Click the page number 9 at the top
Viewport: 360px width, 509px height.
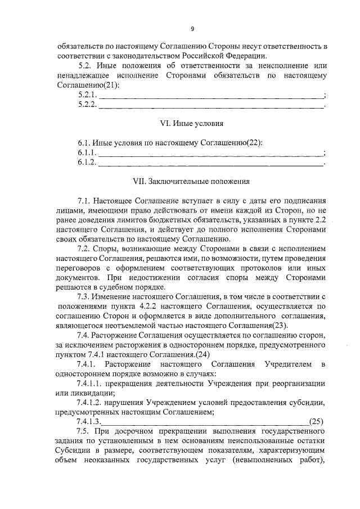pyautogui.click(x=192, y=29)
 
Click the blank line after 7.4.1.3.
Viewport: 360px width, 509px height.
pyautogui.click(x=205, y=422)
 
